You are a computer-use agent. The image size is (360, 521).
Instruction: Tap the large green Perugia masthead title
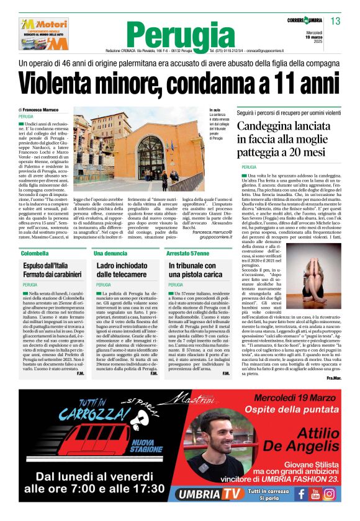(x=179, y=33)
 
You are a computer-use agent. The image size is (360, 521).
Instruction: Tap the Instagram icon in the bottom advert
(x=330, y=494)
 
